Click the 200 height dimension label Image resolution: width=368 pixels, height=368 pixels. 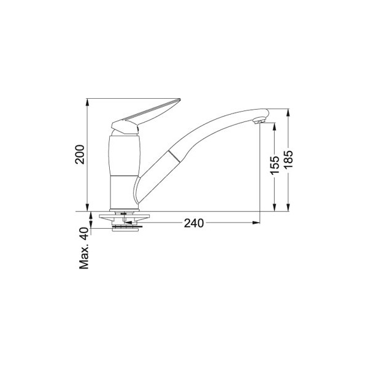pos(80,155)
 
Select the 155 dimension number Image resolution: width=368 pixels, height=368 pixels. pos(275,165)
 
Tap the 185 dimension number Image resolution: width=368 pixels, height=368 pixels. pos(288,159)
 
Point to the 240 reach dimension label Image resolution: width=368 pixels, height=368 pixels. pos(194,223)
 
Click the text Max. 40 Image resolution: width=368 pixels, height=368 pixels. pos(84,248)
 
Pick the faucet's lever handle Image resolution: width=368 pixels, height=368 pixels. pos(146,117)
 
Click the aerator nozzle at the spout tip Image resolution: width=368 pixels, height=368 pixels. pos(259,121)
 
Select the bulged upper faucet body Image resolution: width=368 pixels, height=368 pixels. pos(125,155)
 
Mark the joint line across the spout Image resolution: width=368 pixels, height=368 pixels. pos(174,156)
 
